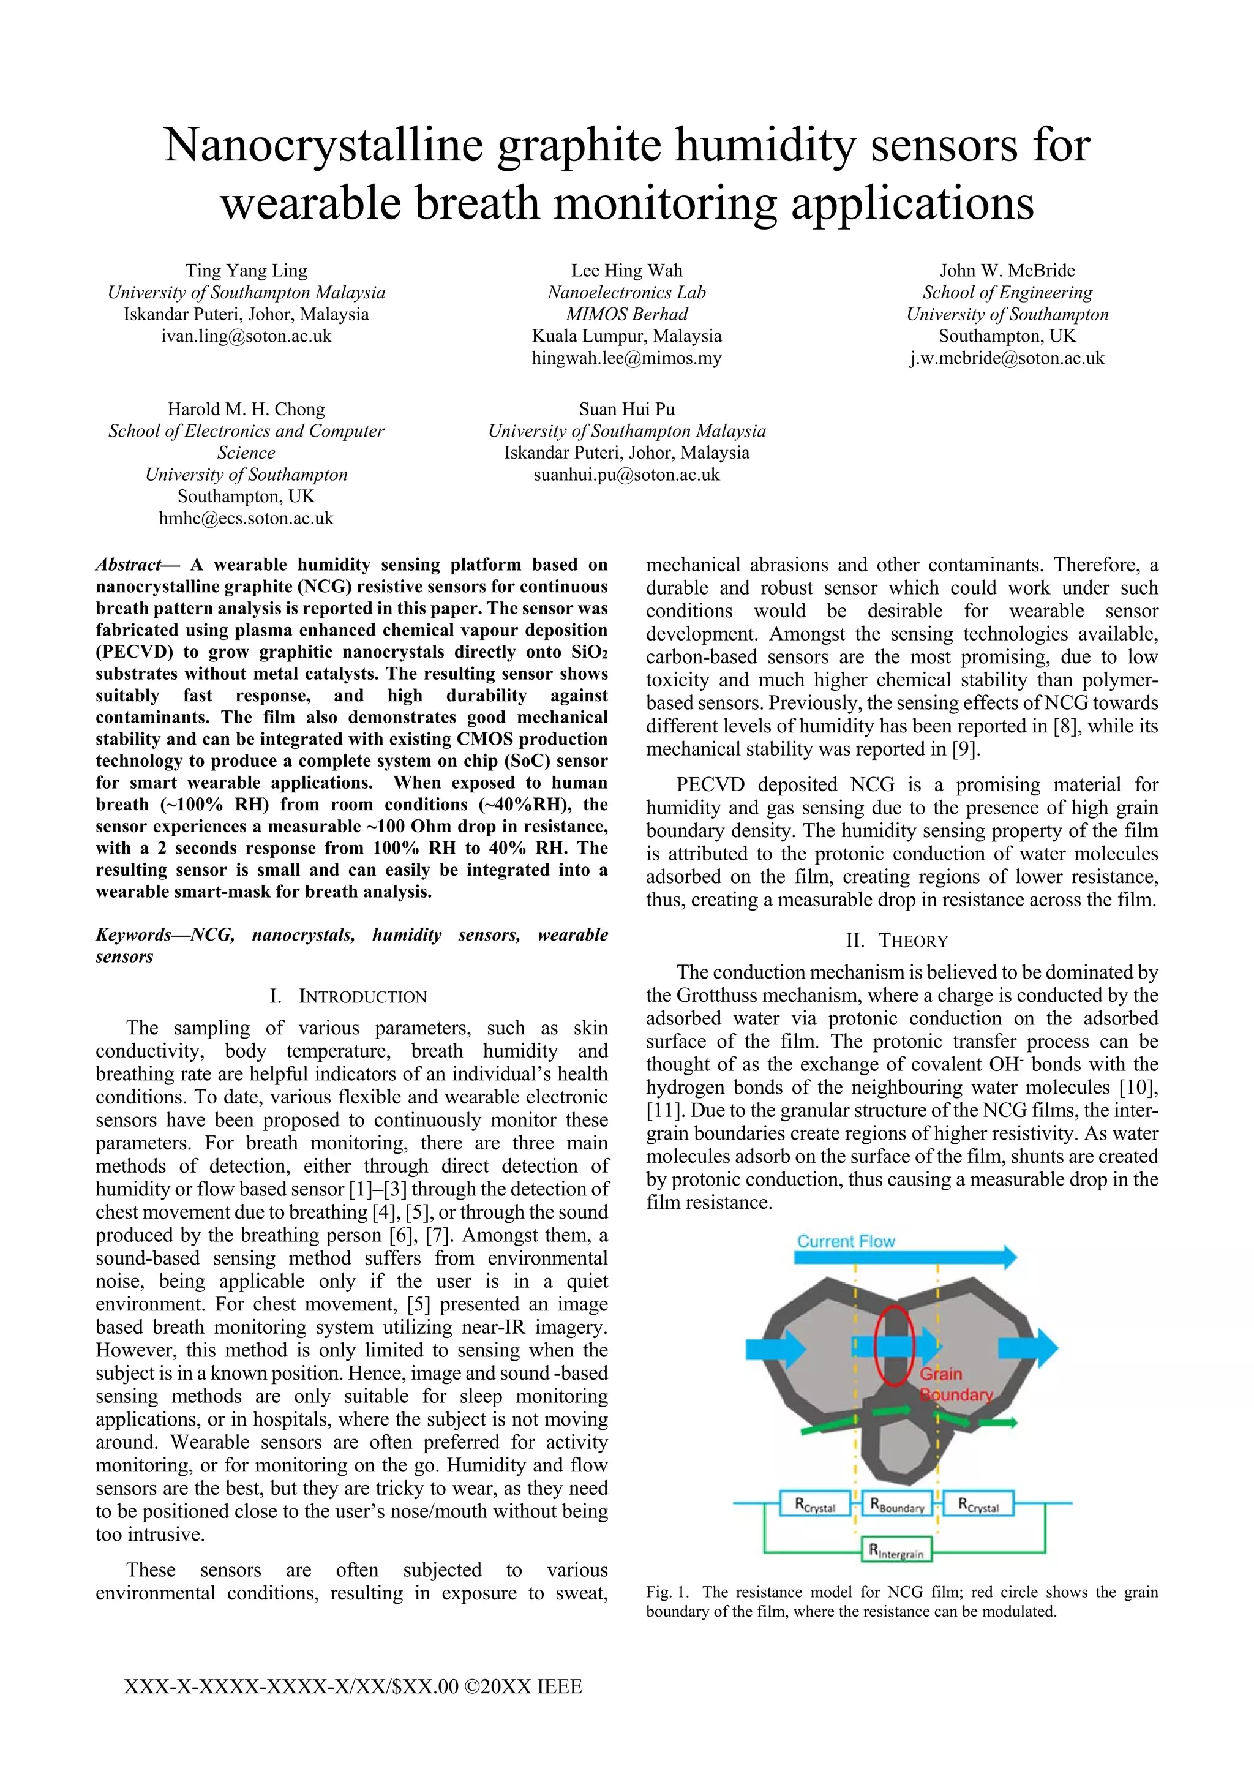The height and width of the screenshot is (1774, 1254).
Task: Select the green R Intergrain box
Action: (x=896, y=1549)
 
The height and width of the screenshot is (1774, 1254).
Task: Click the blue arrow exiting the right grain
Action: (x=1027, y=1348)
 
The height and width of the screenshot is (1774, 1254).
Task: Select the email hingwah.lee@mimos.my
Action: (x=626, y=358)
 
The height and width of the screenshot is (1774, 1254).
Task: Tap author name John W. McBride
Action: (x=1007, y=271)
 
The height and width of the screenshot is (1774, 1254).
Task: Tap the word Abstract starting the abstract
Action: (x=127, y=565)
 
